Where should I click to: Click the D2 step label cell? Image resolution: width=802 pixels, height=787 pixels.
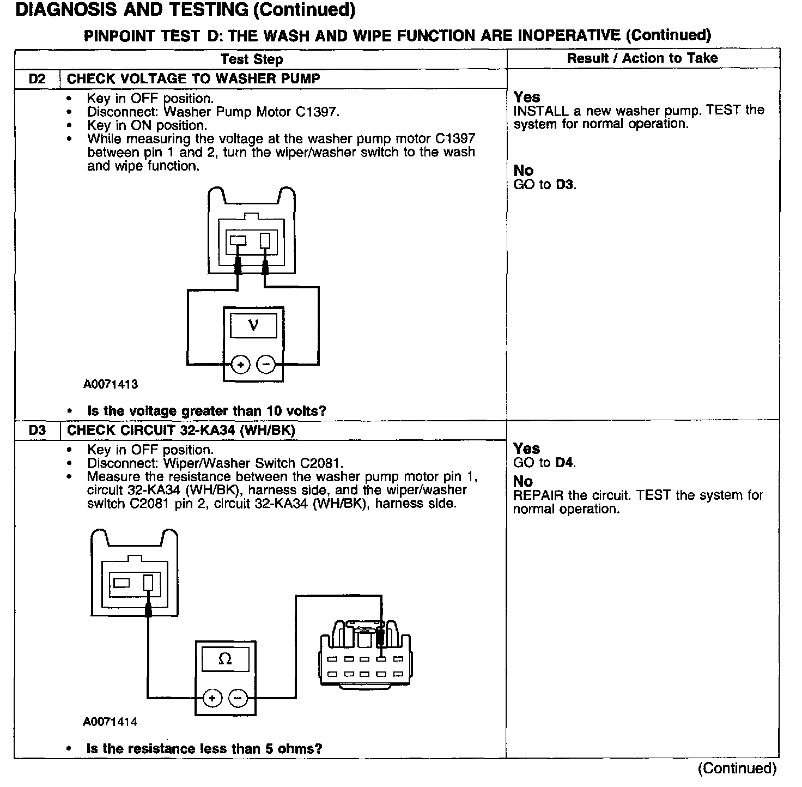tap(37, 79)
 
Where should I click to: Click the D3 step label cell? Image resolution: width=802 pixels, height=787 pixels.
tap(37, 431)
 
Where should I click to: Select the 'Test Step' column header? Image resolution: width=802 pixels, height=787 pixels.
tap(252, 59)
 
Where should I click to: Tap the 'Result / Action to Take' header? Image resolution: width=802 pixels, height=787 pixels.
tap(642, 58)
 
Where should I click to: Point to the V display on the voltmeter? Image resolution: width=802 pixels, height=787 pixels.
tap(253, 325)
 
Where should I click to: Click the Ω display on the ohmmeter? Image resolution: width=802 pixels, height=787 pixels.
tap(225, 659)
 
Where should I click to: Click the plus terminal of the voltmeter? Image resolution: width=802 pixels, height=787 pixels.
tap(241, 364)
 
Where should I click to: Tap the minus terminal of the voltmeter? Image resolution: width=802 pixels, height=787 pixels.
tap(266, 364)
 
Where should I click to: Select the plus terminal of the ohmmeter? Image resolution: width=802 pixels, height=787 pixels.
tap(212, 698)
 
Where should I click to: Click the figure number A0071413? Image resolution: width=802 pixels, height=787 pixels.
tap(111, 384)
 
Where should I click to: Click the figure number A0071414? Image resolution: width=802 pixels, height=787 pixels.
tap(110, 722)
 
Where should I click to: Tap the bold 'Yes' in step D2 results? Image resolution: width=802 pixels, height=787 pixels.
tap(527, 97)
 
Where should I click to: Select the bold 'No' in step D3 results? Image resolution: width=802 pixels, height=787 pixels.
tap(523, 481)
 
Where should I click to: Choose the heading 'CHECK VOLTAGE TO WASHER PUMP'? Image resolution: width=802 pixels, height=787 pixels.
tap(193, 79)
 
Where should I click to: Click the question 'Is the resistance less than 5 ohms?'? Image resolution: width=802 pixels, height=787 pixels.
tap(204, 749)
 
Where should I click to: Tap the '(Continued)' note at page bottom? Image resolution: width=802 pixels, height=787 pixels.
tap(737, 768)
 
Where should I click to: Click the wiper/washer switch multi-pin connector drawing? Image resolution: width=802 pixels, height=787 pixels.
tap(364, 654)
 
